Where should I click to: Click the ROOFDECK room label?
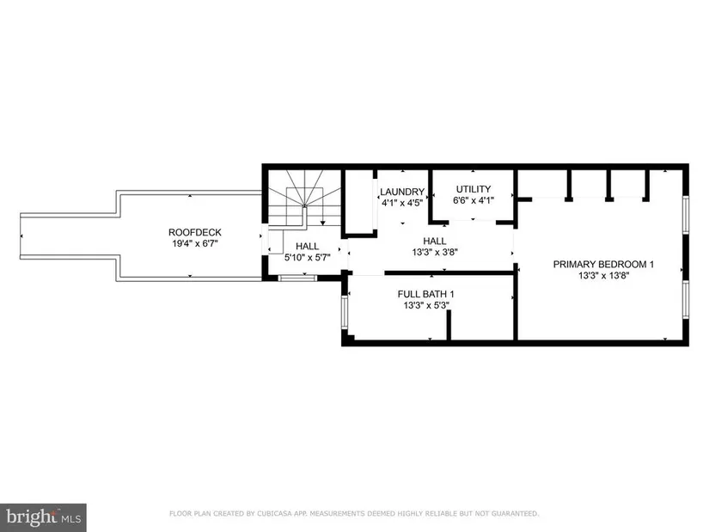click(195, 232)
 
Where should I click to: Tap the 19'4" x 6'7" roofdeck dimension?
click(195, 244)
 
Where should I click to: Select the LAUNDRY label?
click(402, 192)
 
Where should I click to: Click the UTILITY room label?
click(474, 189)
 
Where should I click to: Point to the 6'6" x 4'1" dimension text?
click(474, 200)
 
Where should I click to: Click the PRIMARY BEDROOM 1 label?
click(603, 264)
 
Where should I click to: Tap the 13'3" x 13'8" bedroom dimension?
click(603, 276)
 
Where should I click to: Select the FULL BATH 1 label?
click(426, 294)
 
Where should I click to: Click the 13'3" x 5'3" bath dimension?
click(426, 306)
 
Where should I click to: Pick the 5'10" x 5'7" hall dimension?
click(308, 258)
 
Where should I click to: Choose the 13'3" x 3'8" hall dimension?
click(435, 253)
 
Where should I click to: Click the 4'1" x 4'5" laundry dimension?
click(402, 203)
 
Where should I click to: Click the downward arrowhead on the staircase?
click(323, 223)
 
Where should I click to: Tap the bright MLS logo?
click(44, 517)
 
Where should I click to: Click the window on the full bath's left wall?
click(345, 312)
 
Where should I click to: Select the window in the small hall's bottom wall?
click(297, 278)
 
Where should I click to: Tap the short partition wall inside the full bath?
click(449, 325)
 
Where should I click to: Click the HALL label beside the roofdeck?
click(308, 247)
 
